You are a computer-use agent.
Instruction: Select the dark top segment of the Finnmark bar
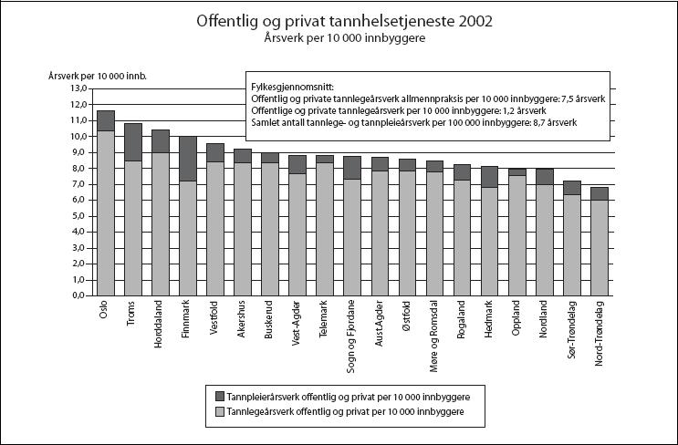click(x=188, y=159)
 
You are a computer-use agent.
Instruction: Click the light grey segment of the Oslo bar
click(x=106, y=213)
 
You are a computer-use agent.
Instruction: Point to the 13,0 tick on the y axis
click(x=78, y=88)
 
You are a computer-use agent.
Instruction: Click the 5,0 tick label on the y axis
click(x=78, y=216)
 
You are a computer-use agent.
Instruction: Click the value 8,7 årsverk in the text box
click(x=550, y=122)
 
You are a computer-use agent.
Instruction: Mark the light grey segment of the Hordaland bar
click(x=161, y=224)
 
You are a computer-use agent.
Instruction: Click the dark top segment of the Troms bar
click(x=133, y=142)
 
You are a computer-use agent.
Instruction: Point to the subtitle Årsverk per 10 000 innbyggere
click(x=339, y=39)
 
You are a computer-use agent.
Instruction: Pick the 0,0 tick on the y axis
click(x=78, y=296)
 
